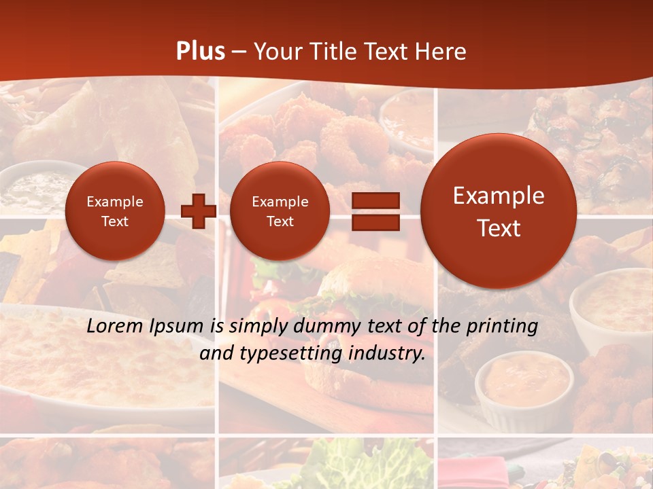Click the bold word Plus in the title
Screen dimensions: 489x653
click(x=200, y=51)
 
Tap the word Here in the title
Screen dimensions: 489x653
click(x=443, y=51)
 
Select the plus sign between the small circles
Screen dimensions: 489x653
click(x=198, y=211)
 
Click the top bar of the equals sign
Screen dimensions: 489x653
click(x=375, y=200)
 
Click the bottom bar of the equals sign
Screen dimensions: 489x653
click(x=375, y=222)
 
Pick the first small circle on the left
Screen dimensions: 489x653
click(x=114, y=211)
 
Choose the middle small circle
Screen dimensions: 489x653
click(x=280, y=211)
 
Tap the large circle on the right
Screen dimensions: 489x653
click(x=499, y=211)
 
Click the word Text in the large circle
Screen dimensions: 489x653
click(x=499, y=228)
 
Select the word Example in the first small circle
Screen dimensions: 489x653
click(x=114, y=202)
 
